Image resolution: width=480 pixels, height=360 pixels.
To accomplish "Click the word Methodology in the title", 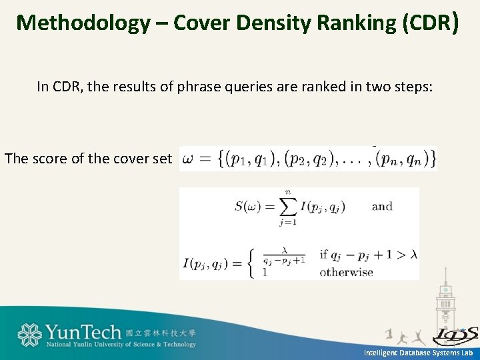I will pos(83,23).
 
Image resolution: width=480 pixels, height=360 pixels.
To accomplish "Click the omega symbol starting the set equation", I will pos(189,159).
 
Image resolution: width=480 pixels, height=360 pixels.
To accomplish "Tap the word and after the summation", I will pos(382,206).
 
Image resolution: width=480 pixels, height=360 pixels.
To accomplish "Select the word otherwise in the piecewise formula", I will pos(346,272).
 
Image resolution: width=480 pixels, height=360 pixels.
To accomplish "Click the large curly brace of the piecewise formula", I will pos(247,262).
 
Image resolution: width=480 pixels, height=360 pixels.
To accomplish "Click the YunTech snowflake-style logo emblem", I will pos(30,335).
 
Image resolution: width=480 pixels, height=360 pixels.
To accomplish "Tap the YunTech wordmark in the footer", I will pos(83,332).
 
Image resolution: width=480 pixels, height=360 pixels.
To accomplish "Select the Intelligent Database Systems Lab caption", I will pos(418,353).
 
